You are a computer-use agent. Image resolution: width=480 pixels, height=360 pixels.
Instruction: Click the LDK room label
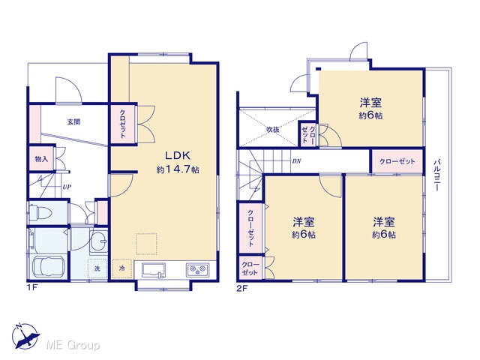(x=178, y=155)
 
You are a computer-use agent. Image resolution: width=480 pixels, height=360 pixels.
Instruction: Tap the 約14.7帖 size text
(x=178, y=169)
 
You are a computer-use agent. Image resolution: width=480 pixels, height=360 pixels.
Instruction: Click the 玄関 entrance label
(x=73, y=121)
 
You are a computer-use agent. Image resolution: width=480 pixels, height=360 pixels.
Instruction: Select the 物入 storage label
(x=41, y=159)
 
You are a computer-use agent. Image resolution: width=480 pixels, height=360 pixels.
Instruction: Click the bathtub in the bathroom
(x=48, y=267)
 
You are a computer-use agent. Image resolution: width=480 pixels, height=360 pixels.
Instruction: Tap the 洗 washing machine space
(x=97, y=268)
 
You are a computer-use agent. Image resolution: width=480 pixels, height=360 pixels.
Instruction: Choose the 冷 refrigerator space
(x=121, y=268)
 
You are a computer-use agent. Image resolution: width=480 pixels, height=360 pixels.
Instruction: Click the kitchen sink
(x=154, y=271)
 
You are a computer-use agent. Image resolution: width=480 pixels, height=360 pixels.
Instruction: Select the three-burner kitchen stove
(x=197, y=270)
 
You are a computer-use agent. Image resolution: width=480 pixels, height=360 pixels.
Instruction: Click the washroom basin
(x=98, y=241)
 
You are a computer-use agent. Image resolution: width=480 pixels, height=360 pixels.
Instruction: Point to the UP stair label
(x=67, y=187)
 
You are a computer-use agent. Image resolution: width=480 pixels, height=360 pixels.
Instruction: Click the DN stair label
(x=296, y=161)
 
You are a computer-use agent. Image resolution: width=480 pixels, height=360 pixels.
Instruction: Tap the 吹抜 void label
(x=272, y=130)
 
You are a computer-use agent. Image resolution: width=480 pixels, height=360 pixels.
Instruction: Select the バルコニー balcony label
(x=437, y=175)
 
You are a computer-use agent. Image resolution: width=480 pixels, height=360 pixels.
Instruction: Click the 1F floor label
(x=31, y=288)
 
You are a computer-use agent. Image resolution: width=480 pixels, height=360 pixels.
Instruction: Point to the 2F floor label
(x=241, y=289)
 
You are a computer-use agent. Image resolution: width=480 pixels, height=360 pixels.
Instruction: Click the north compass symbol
(x=25, y=336)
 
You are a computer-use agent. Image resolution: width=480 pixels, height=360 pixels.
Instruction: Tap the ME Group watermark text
(x=73, y=346)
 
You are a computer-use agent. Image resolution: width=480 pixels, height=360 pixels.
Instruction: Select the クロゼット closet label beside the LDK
(x=122, y=124)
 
